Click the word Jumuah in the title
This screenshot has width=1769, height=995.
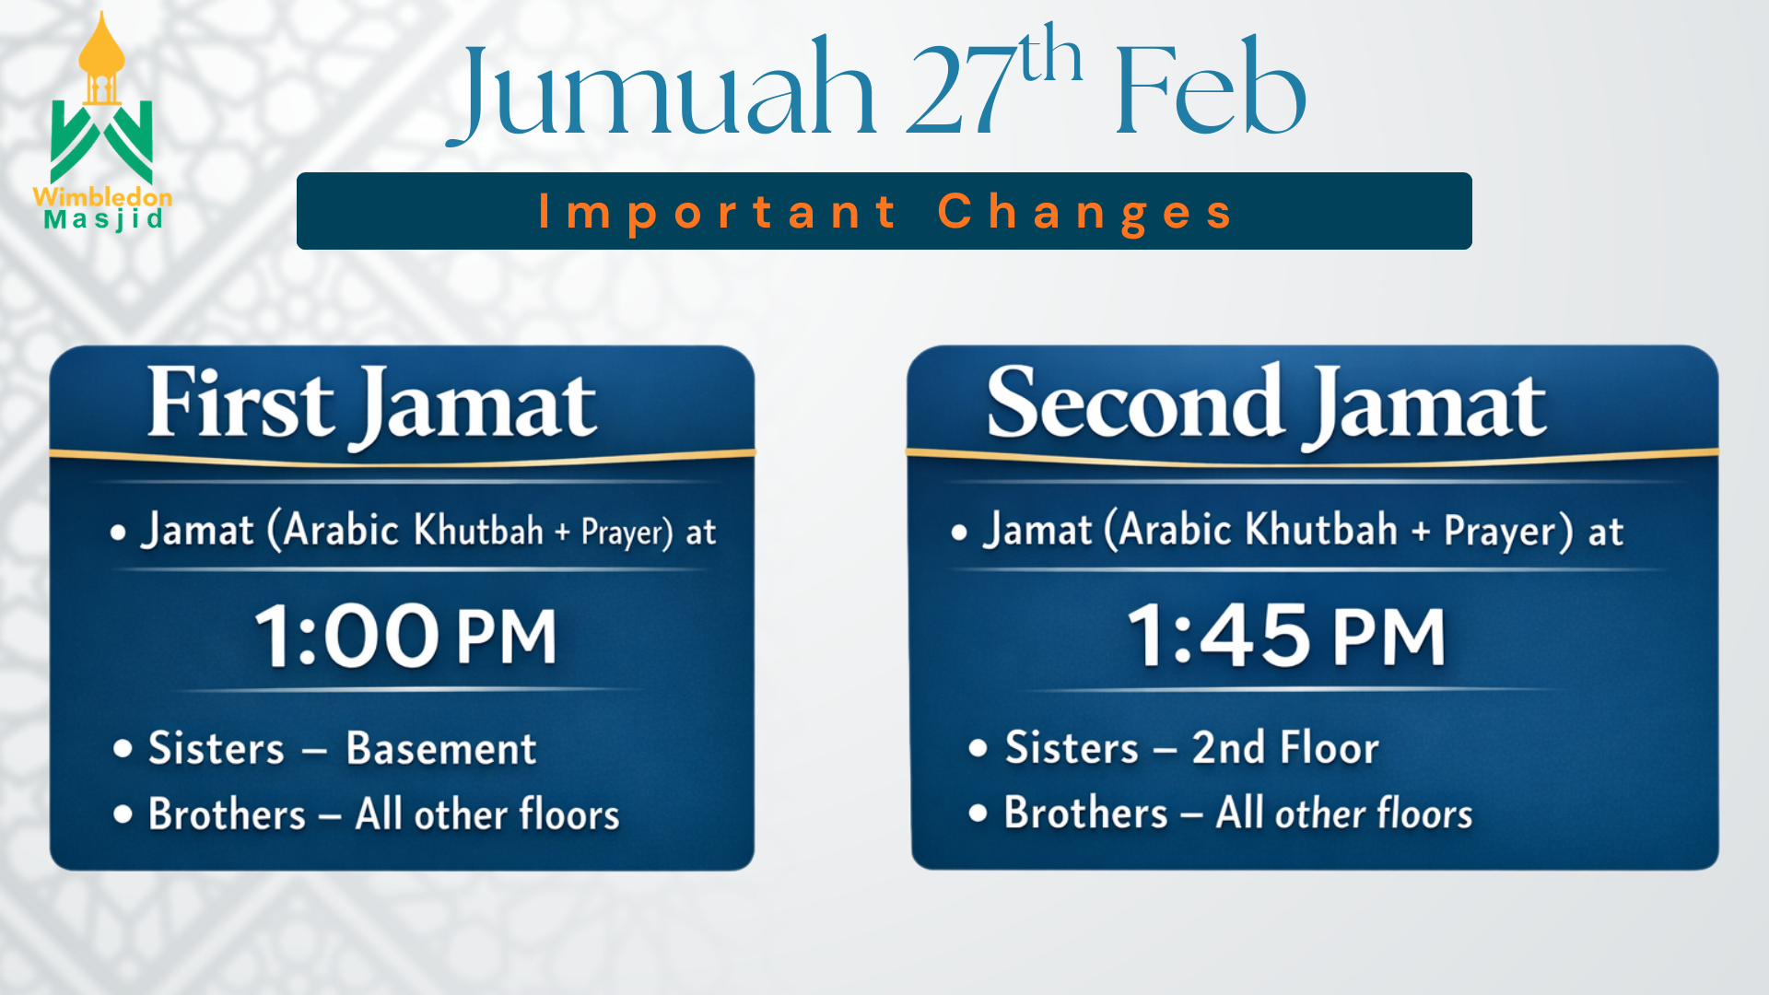(x=661, y=90)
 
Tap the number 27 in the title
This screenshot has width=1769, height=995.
(x=961, y=90)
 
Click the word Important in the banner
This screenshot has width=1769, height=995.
(x=718, y=212)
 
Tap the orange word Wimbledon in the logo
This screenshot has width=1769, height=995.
(x=102, y=196)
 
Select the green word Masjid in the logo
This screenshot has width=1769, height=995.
(x=104, y=220)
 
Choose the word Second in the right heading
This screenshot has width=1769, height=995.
(x=1135, y=402)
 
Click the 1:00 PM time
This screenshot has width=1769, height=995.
(x=405, y=636)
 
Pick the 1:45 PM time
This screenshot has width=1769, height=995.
(x=1286, y=636)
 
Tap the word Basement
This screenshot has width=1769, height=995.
(x=441, y=748)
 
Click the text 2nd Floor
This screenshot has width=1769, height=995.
(x=1285, y=747)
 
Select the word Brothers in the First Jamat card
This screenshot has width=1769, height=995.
(x=227, y=814)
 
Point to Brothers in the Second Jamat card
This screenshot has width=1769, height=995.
(x=1086, y=813)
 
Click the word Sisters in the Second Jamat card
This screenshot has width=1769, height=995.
(x=1072, y=747)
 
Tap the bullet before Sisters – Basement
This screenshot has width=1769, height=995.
(x=123, y=748)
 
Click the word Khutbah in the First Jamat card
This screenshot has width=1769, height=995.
(x=478, y=530)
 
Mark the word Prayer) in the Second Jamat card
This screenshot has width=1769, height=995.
(x=1508, y=532)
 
